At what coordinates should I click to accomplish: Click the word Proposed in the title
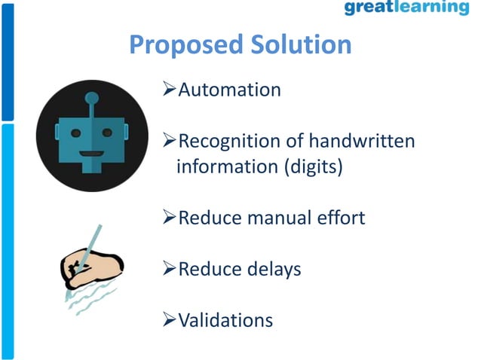click(x=183, y=45)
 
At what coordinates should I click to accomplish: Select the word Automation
click(x=228, y=90)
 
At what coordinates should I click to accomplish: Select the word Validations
click(x=225, y=320)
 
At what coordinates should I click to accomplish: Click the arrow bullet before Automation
click(x=170, y=90)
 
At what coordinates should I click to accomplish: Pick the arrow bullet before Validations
click(x=170, y=320)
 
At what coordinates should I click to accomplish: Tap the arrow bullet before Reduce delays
click(x=170, y=269)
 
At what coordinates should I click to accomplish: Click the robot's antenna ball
click(x=92, y=97)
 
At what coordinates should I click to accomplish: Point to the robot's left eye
click(x=75, y=133)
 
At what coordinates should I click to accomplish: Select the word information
click(x=227, y=166)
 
